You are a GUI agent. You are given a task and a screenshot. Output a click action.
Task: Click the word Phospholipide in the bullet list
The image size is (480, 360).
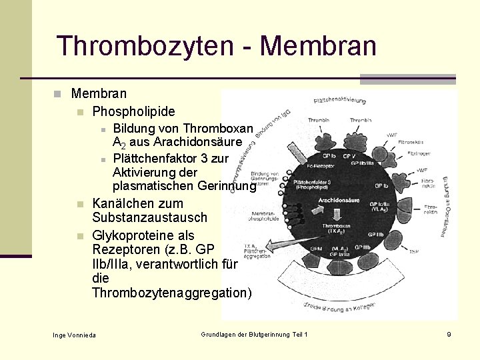tap(133, 111)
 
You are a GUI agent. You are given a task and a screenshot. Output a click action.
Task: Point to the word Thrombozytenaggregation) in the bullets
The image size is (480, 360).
tap(172, 293)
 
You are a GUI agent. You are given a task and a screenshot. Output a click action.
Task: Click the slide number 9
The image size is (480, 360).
tap(449, 333)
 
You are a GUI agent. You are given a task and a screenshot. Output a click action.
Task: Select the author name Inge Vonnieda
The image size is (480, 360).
tap(74, 334)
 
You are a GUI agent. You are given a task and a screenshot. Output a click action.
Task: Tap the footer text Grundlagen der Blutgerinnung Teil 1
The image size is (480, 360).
tap(254, 333)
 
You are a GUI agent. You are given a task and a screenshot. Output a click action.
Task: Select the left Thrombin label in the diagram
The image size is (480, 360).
tap(319, 121)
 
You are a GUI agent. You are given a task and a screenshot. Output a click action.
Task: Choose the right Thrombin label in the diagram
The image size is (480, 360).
tap(360, 121)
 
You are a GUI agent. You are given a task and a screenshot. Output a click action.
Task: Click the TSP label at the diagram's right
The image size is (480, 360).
tap(414, 251)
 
